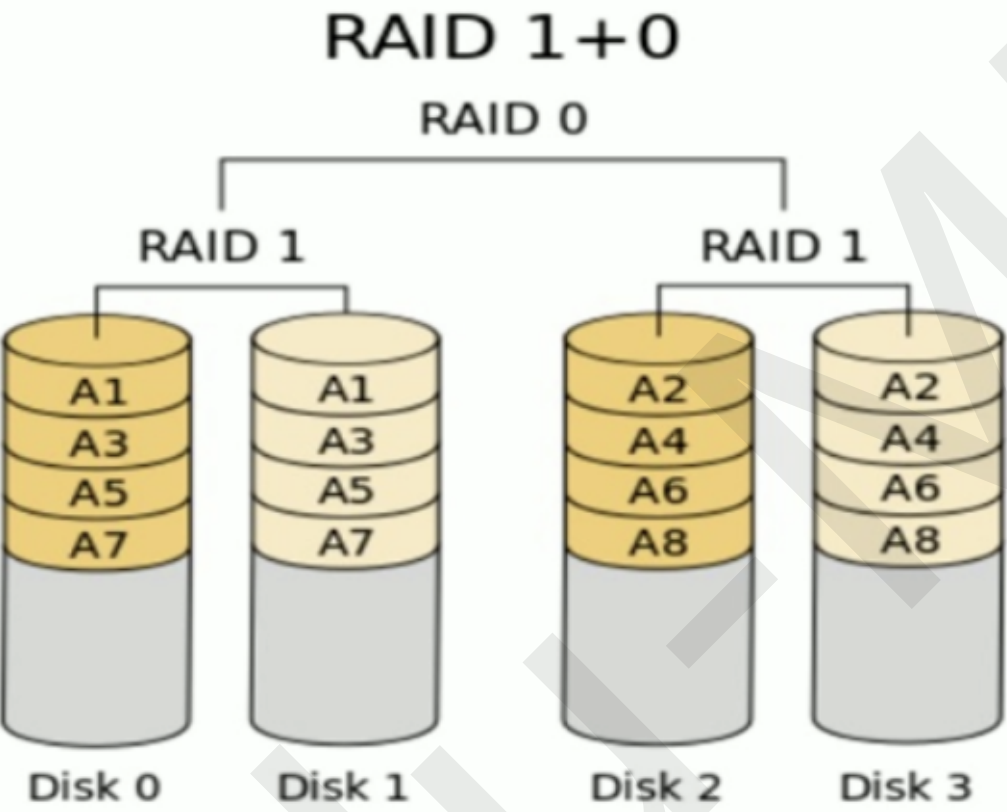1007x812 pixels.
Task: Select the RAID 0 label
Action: click(503, 118)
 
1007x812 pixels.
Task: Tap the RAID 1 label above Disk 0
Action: click(221, 246)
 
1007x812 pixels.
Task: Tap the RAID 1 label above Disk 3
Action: click(784, 246)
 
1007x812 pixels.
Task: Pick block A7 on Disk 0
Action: click(98, 543)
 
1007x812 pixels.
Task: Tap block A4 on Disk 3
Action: click(908, 438)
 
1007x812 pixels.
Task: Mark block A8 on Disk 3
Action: click(908, 540)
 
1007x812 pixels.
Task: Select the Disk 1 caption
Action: click(343, 788)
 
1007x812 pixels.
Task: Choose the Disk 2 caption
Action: click(656, 788)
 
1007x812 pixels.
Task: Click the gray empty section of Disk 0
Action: click(98, 650)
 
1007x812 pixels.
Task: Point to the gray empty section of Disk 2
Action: click(658, 650)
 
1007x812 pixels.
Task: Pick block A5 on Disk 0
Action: click(98, 492)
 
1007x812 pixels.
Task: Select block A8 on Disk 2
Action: click(658, 543)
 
